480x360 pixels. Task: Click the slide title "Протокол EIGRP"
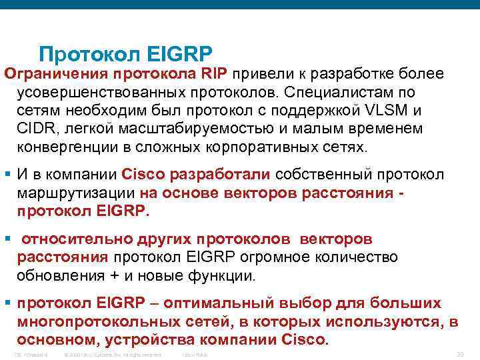(x=125, y=53)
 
